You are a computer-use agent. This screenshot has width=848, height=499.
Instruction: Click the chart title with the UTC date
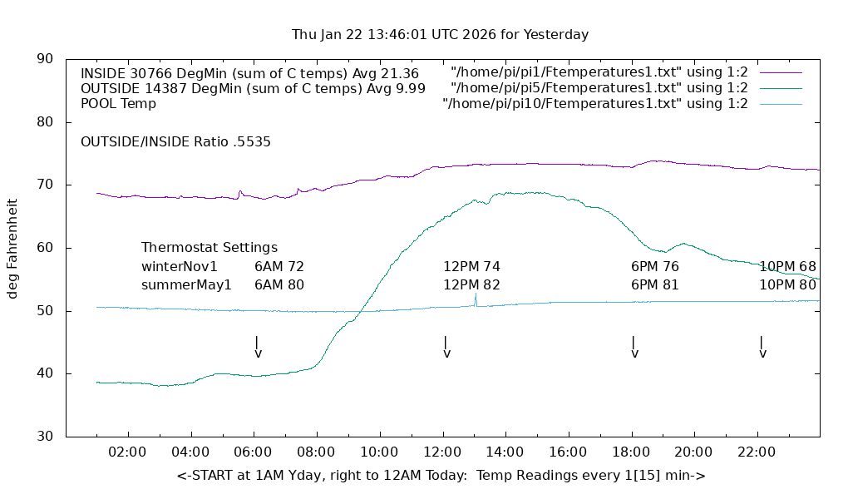440,35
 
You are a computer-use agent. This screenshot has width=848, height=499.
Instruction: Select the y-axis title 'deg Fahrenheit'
12,248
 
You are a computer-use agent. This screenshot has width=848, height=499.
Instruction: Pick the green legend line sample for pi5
779,88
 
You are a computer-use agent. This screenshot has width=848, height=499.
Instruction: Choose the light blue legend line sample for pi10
779,104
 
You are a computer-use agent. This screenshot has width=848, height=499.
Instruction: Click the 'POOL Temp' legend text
118,104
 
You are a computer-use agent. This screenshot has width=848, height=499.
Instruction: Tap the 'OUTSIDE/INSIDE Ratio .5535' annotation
175,142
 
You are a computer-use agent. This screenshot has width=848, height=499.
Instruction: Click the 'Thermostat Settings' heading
210,248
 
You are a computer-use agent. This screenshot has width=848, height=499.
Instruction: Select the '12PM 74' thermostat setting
471,267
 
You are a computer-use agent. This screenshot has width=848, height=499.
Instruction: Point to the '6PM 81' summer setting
655,284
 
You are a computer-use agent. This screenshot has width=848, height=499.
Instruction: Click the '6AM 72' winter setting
279,267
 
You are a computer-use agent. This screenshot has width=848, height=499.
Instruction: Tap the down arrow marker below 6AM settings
258,348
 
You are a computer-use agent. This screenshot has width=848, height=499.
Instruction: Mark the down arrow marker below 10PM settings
762,348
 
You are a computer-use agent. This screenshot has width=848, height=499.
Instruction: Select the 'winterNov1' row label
179,267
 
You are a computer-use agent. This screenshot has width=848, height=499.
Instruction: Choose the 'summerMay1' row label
186,284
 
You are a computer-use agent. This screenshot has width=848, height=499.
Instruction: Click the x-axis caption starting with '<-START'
441,476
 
